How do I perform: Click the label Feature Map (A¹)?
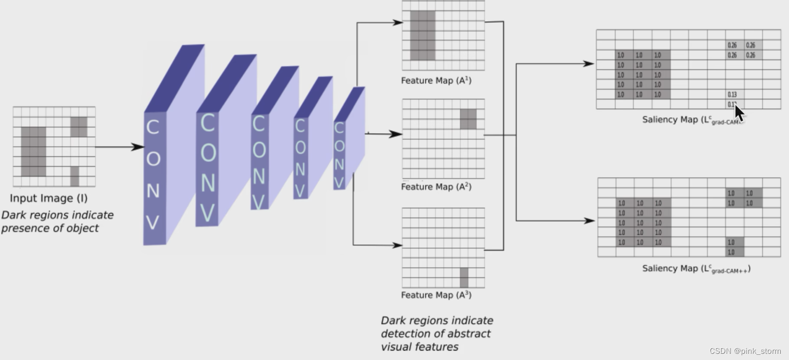436,81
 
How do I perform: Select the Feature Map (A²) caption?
436,187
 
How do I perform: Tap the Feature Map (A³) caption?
436,295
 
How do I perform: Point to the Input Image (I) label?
49,198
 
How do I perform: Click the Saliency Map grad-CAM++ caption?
696,269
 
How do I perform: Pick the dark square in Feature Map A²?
468,119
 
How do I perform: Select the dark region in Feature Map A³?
464,278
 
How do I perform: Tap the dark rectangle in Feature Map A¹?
422,35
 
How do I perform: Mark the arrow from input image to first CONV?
119,147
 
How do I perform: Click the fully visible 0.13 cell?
732,95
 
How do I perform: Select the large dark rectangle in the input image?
33,152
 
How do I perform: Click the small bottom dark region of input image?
75,176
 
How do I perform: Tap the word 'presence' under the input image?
23,228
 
